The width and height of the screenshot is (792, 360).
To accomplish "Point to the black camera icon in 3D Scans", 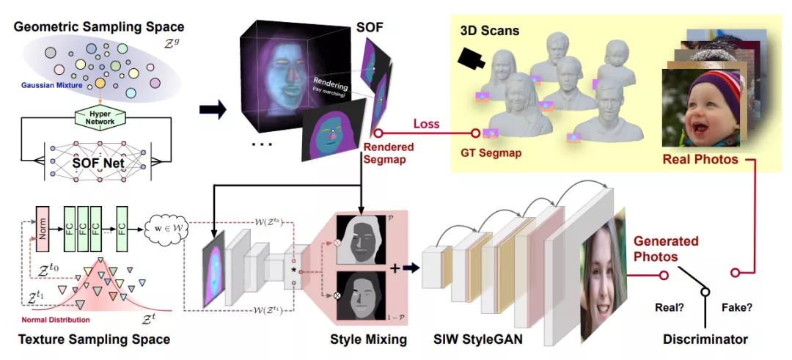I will (470, 59).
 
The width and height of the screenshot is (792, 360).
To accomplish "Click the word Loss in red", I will (426, 123).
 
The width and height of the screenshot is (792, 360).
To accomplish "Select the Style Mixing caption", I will (369, 339).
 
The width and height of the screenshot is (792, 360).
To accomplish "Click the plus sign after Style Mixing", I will (395, 268).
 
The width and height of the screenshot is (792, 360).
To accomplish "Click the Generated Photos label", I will (666, 248).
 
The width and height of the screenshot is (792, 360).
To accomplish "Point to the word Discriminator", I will (705, 339).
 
